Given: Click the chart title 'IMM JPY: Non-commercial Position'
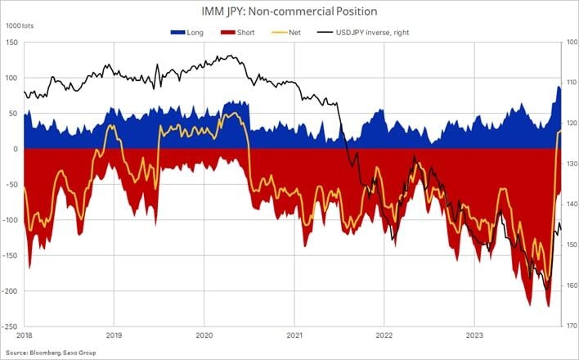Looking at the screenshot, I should (x=289, y=11).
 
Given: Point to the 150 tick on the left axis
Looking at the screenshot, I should (x=13, y=43).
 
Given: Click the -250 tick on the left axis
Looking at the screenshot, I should (x=11, y=326).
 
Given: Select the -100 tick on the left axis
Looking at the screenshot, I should (x=11, y=220).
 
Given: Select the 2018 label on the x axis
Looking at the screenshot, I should (x=24, y=335).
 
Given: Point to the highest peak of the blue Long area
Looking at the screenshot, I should (x=559, y=86).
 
